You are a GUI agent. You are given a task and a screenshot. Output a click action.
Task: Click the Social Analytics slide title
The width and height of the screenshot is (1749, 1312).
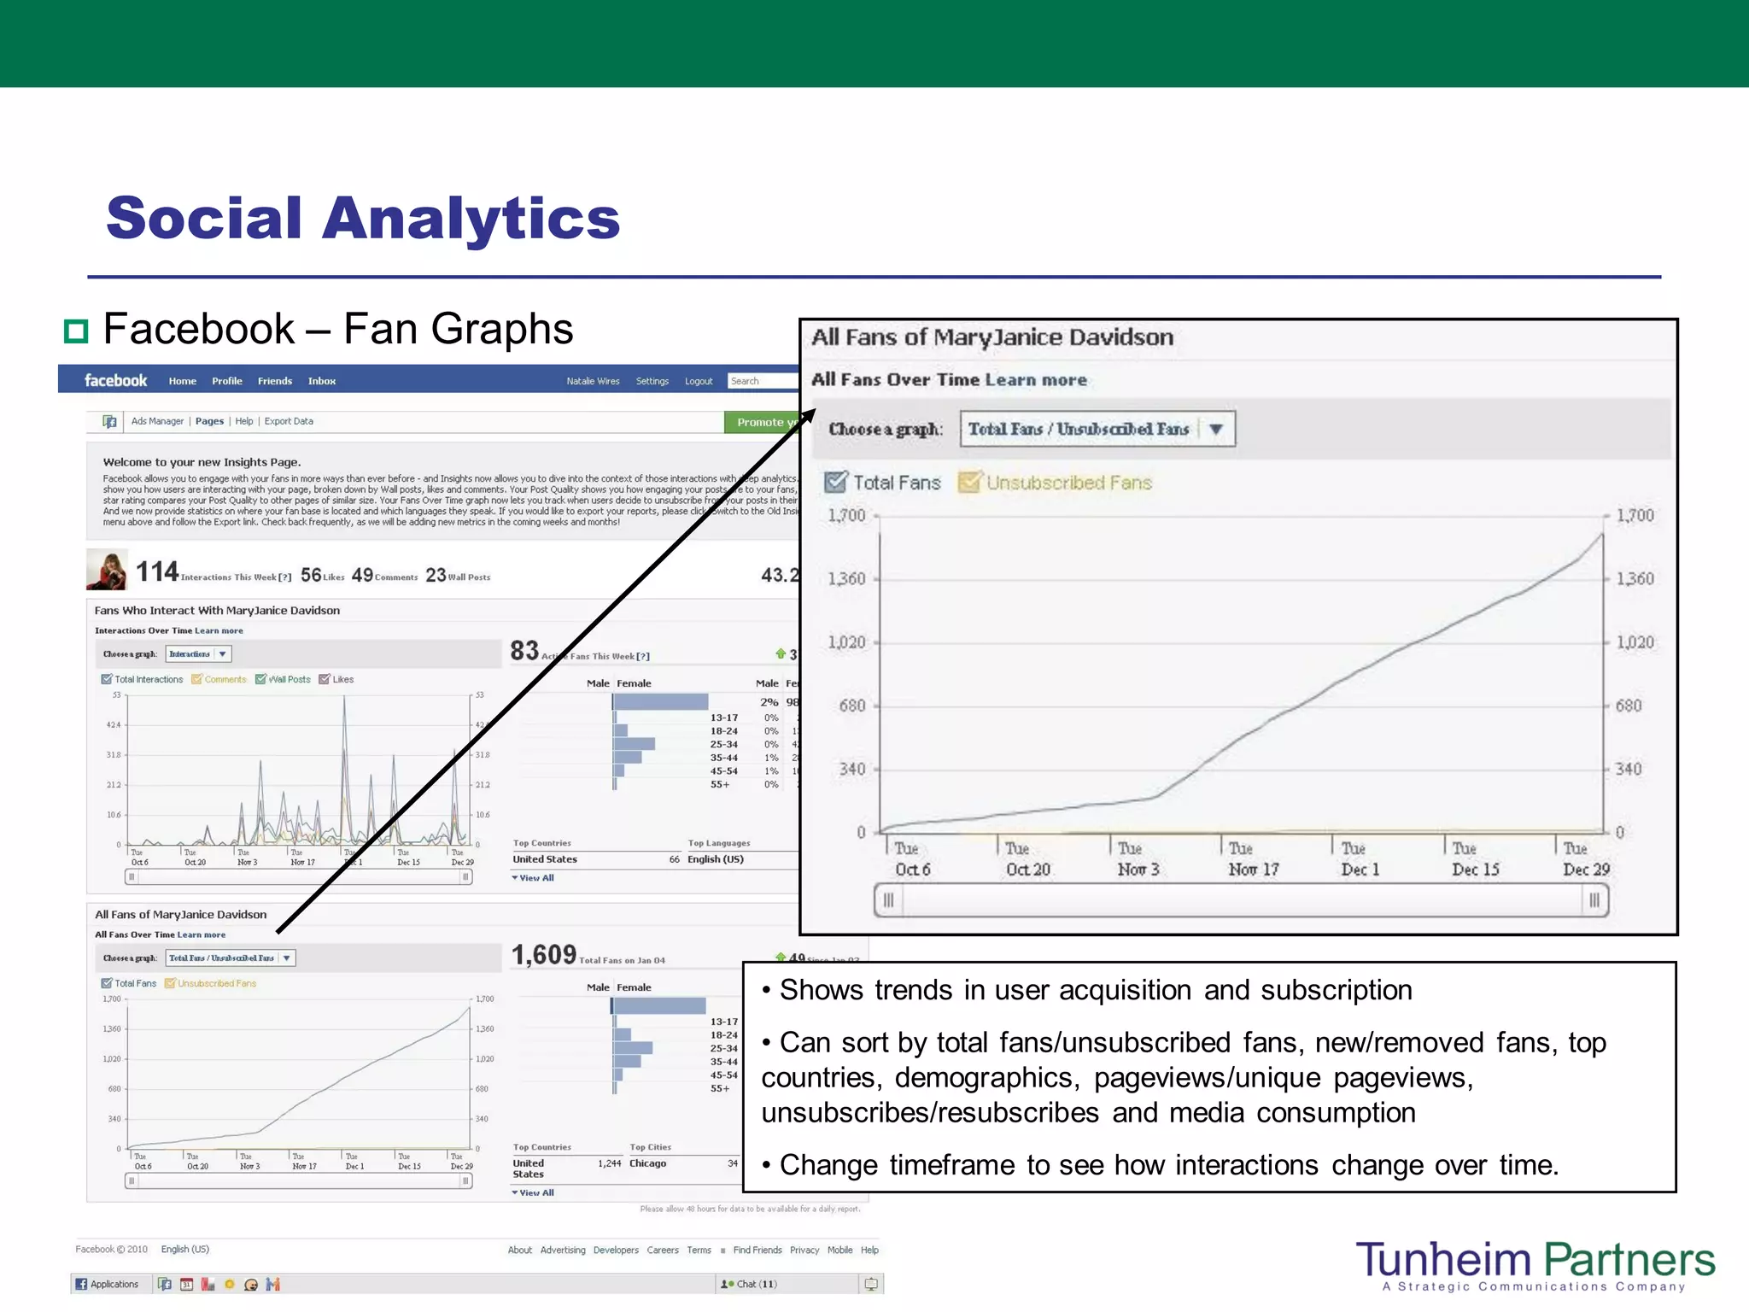pos(363,218)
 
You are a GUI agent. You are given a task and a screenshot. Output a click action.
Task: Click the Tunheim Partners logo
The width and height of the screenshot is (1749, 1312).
pos(1535,1264)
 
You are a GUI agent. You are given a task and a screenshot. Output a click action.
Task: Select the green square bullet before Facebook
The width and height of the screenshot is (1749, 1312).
pos(77,331)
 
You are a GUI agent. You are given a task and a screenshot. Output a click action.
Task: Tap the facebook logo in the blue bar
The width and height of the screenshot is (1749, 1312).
pos(115,381)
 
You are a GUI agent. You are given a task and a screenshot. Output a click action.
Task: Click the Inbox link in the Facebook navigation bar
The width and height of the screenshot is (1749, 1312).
pos(321,381)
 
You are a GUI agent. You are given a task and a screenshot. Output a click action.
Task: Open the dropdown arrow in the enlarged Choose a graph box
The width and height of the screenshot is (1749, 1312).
pos(1216,429)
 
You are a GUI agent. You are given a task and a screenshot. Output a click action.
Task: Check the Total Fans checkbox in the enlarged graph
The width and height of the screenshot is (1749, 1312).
pos(835,483)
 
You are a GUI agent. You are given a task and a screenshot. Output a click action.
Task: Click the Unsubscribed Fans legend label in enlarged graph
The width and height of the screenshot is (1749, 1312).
pos(1068,483)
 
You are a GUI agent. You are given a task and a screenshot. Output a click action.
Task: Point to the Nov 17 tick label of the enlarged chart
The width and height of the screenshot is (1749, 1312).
pos(1253,869)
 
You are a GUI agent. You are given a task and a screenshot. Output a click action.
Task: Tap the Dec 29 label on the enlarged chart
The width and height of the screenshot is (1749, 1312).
pos(1586,869)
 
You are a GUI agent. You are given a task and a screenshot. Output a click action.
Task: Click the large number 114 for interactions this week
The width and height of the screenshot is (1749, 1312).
pos(157,571)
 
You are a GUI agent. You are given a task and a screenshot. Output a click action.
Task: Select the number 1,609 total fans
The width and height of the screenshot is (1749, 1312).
pos(544,954)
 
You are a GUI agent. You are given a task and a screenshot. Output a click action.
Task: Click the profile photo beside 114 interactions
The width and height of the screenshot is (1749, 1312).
pos(107,570)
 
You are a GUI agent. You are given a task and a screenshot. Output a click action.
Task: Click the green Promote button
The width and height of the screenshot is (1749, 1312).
pos(761,422)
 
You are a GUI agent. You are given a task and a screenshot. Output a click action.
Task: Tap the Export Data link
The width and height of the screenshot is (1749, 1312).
pos(289,421)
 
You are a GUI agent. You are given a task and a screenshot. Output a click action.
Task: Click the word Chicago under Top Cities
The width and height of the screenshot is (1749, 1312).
pos(647,1163)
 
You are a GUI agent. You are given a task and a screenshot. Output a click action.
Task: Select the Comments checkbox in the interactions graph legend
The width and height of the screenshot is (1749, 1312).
pos(196,680)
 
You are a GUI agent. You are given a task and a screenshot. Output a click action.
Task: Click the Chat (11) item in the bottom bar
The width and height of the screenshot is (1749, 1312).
pos(750,1284)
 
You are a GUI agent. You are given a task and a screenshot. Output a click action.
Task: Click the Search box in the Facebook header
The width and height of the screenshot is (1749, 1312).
pos(762,381)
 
